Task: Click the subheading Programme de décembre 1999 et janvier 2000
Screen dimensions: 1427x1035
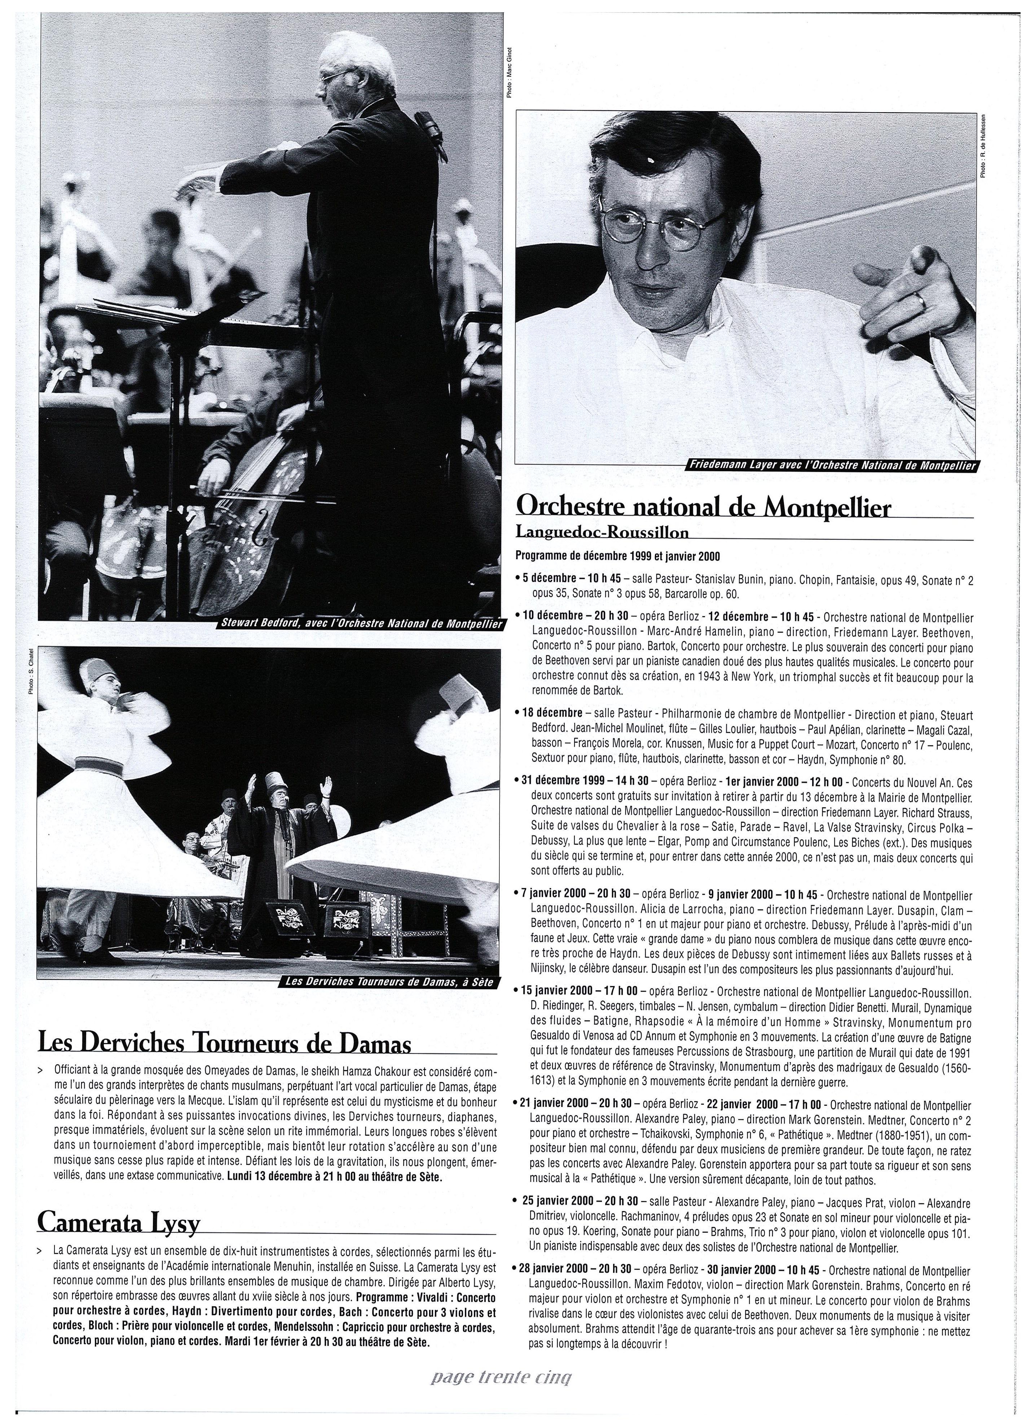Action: click(x=617, y=556)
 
